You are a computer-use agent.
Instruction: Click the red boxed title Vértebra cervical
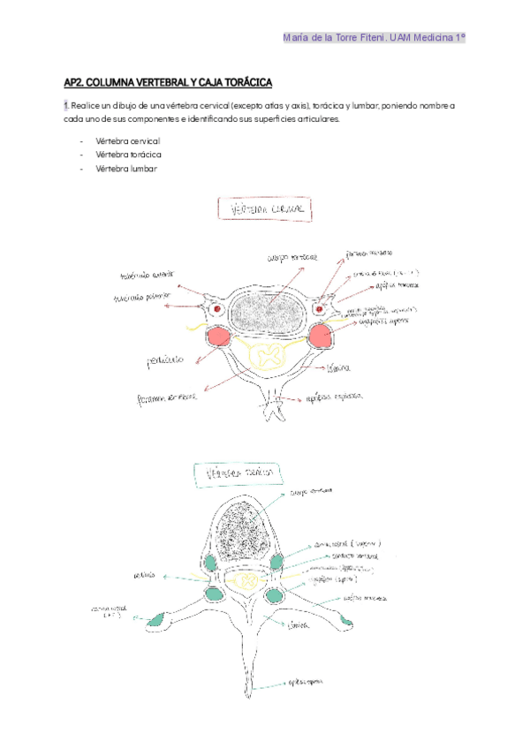click(265, 209)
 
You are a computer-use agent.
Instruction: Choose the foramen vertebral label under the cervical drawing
click(167, 397)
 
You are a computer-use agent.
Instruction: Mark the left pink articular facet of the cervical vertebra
click(219, 337)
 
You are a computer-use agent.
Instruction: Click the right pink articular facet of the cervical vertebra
click(318, 336)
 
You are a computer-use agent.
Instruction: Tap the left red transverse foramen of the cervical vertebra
click(215, 310)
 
